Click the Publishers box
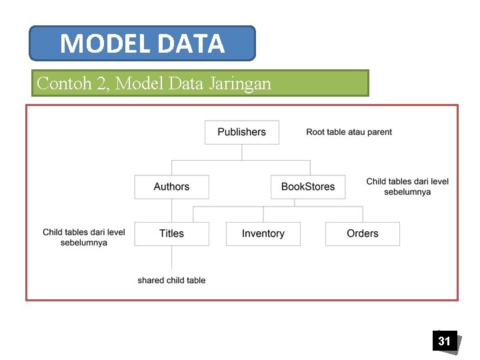pos(241,132)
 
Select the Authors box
pos(171,187)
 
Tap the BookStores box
pos(307,187)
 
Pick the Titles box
pos(171,233)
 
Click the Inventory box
pos(263,233)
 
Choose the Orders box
pos(362,233)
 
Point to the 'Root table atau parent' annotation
pos(349,132)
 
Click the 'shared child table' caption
pos(171,281)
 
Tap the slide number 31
pos(444,341)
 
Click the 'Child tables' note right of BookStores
pos(407,187)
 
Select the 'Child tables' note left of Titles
pos(83,237)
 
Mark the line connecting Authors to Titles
pos(171,210)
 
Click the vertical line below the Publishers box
pos(241,152)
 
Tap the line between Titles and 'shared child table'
pos(171,257)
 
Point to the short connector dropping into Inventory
pos(263,214)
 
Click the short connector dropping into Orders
pos(363,214)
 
